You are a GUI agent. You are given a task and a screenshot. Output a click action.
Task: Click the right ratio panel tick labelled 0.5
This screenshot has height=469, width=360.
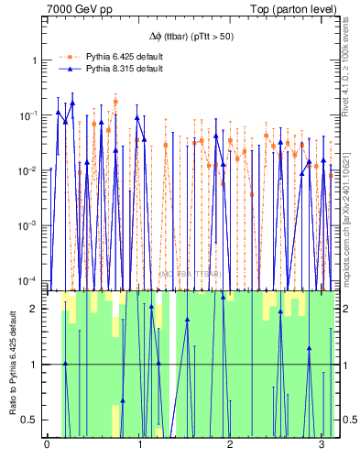(349, 420)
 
